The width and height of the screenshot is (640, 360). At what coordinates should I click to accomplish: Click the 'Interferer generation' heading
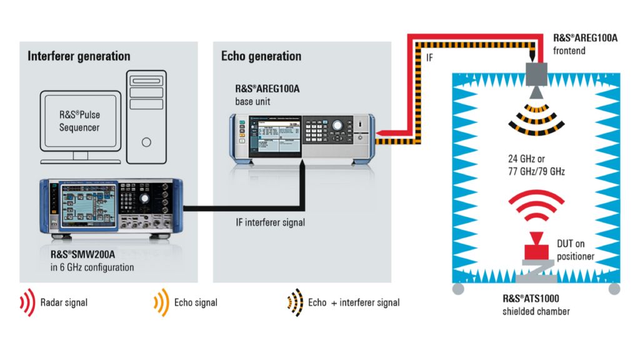(x=79, y=56)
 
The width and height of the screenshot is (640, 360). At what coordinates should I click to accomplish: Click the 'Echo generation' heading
(x=261, y=56)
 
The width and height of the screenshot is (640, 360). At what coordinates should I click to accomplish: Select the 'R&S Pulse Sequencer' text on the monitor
(x=79, y=121)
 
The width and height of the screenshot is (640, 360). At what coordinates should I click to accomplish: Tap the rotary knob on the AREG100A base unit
(x=337, y=126)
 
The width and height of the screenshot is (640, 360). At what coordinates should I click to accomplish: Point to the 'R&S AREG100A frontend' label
(x=585, y=44)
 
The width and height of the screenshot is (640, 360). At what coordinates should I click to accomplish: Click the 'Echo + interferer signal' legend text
(x=354, y=302)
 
